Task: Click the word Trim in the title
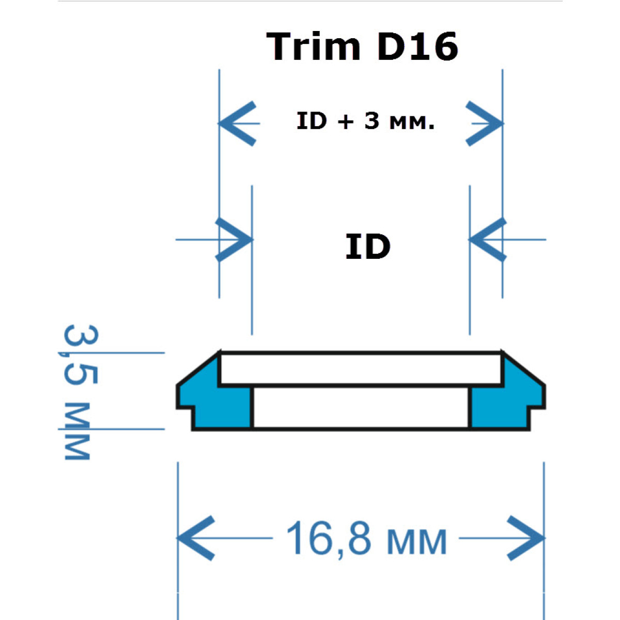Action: (x=313, y=47)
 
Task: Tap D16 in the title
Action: (x=417, y=47)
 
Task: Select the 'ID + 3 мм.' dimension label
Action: (x=365, y=121)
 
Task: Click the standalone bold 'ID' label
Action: (x=367, y=247)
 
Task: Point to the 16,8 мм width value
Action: (x=366, y=539)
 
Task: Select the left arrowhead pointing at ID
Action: (x=235, y=240)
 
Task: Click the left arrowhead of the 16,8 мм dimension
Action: (x=195, y=538)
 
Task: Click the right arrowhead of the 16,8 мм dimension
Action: (x=526, y=538)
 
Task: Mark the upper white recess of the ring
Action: (x=361, y=369)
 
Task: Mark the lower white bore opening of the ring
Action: (x=361, y=408)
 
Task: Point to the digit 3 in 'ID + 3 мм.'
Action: (x=371, y=121)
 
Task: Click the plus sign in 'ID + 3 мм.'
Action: (x=346, y=122)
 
